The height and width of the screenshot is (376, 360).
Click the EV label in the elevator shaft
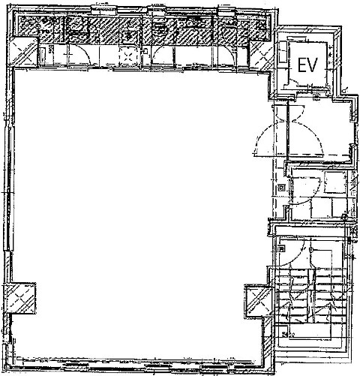307,65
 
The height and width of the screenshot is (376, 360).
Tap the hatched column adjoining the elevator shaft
261,55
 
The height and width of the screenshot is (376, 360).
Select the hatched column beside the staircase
258,302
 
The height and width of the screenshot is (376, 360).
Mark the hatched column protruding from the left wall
20,298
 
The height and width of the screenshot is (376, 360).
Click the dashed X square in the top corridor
128,57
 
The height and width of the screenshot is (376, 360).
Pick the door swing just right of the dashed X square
163,56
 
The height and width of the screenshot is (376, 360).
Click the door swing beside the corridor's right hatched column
226,56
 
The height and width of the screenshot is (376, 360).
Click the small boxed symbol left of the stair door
281,248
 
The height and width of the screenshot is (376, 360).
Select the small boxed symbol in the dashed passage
281,188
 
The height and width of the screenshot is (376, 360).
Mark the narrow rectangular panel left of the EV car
283,52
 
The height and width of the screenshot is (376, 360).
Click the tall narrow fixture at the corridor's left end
42,56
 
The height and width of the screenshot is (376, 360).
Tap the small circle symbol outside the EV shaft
344,90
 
